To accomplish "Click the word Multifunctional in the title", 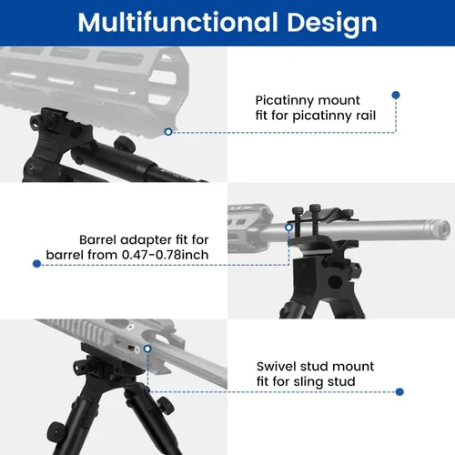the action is click(x=178, y=22).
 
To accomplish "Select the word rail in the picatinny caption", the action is click(x=366, y=116).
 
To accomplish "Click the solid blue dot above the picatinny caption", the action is click(x=396, y=95).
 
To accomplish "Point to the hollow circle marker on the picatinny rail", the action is click(x=168, y=132).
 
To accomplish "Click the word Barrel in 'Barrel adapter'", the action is click(x=97, y=240).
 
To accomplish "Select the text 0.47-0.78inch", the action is click(x=165, y=255).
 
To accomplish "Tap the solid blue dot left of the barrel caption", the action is click(x=36, y=264).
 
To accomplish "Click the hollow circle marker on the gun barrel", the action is click(x=289, y=227).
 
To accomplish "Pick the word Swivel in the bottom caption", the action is click(x=276, y=367).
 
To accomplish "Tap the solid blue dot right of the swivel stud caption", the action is click(x=399, y=392).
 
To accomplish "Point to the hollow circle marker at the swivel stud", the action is click(x=147, y=349).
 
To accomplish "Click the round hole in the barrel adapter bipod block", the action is click(x=336, y=282).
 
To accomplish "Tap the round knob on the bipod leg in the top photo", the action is click(x=125, y=144).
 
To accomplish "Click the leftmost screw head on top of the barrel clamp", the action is click(x=298, y=210).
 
